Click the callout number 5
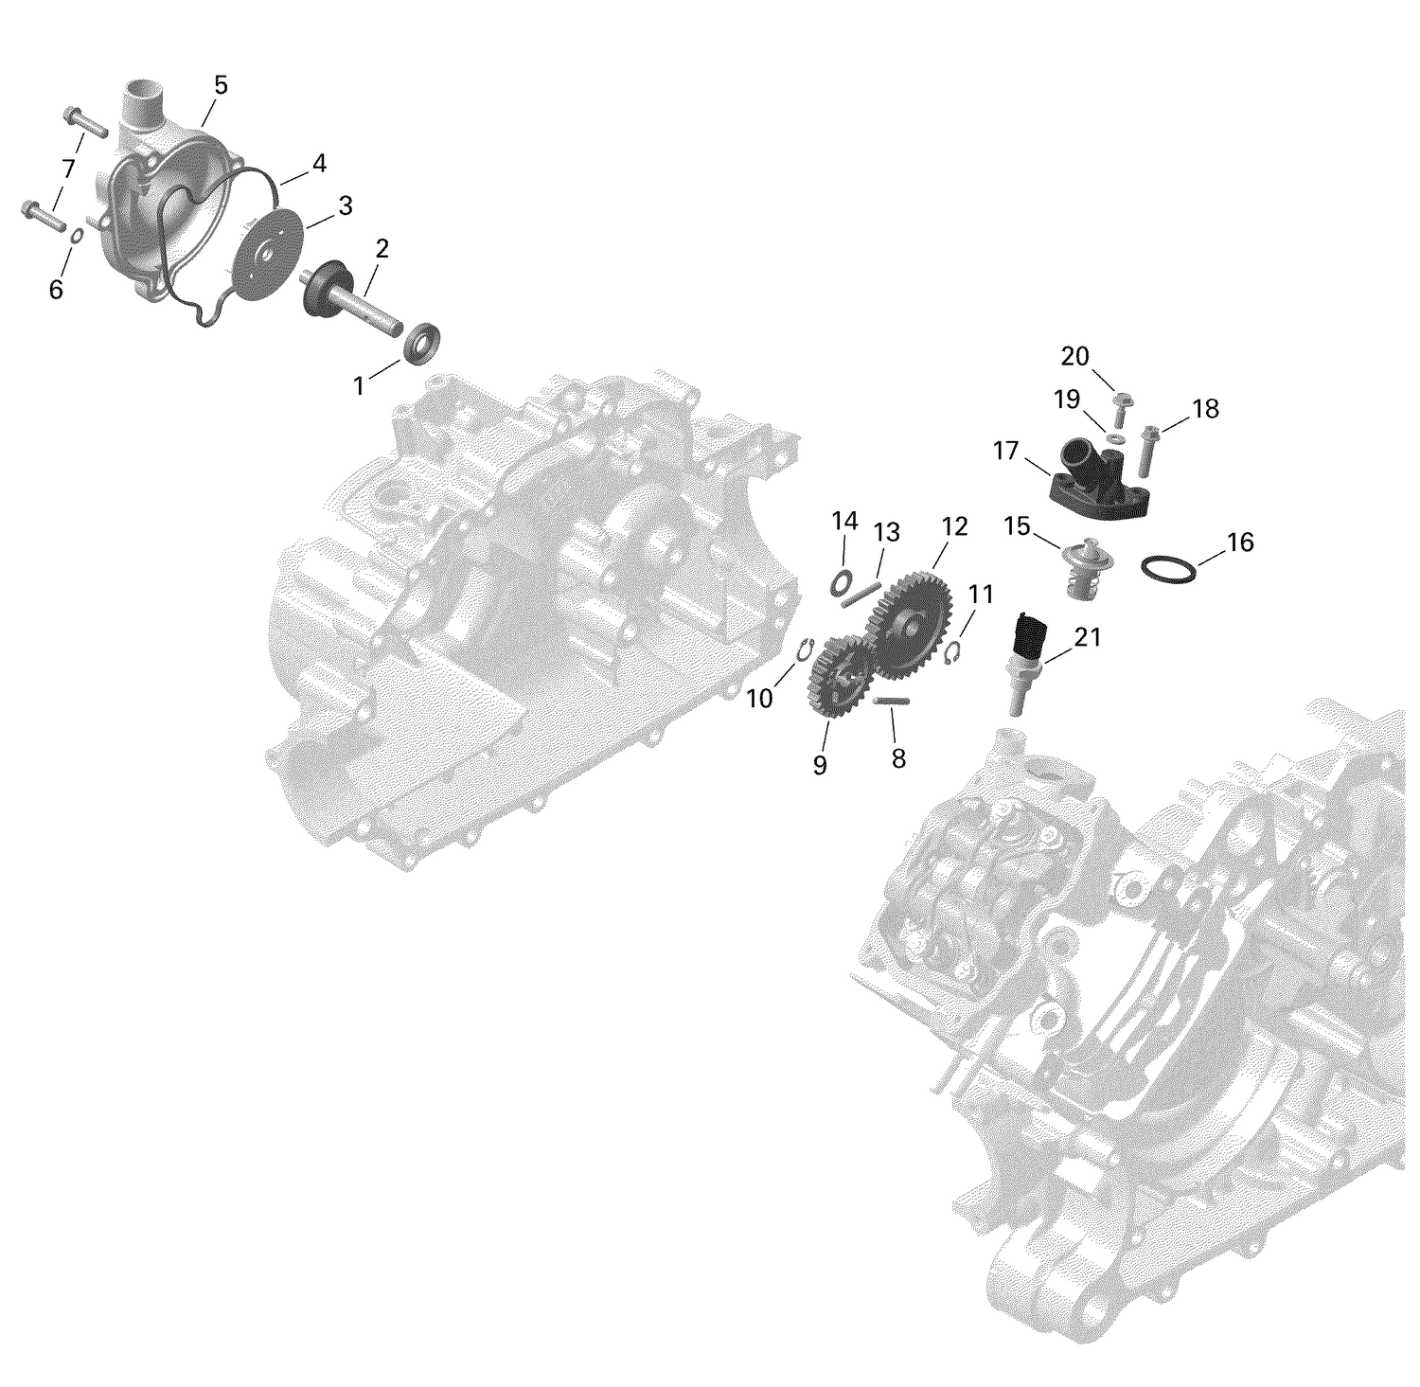(x=221, y=85)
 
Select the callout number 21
(x=1088, y=638)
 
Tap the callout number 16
(x=1239, y=542)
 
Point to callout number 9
(x=820, y=765)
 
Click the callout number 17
(x=1005, y=451)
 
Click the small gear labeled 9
(x=840, y=680)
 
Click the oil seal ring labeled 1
(x=421, y=343)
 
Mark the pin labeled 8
(x=892, y=701)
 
